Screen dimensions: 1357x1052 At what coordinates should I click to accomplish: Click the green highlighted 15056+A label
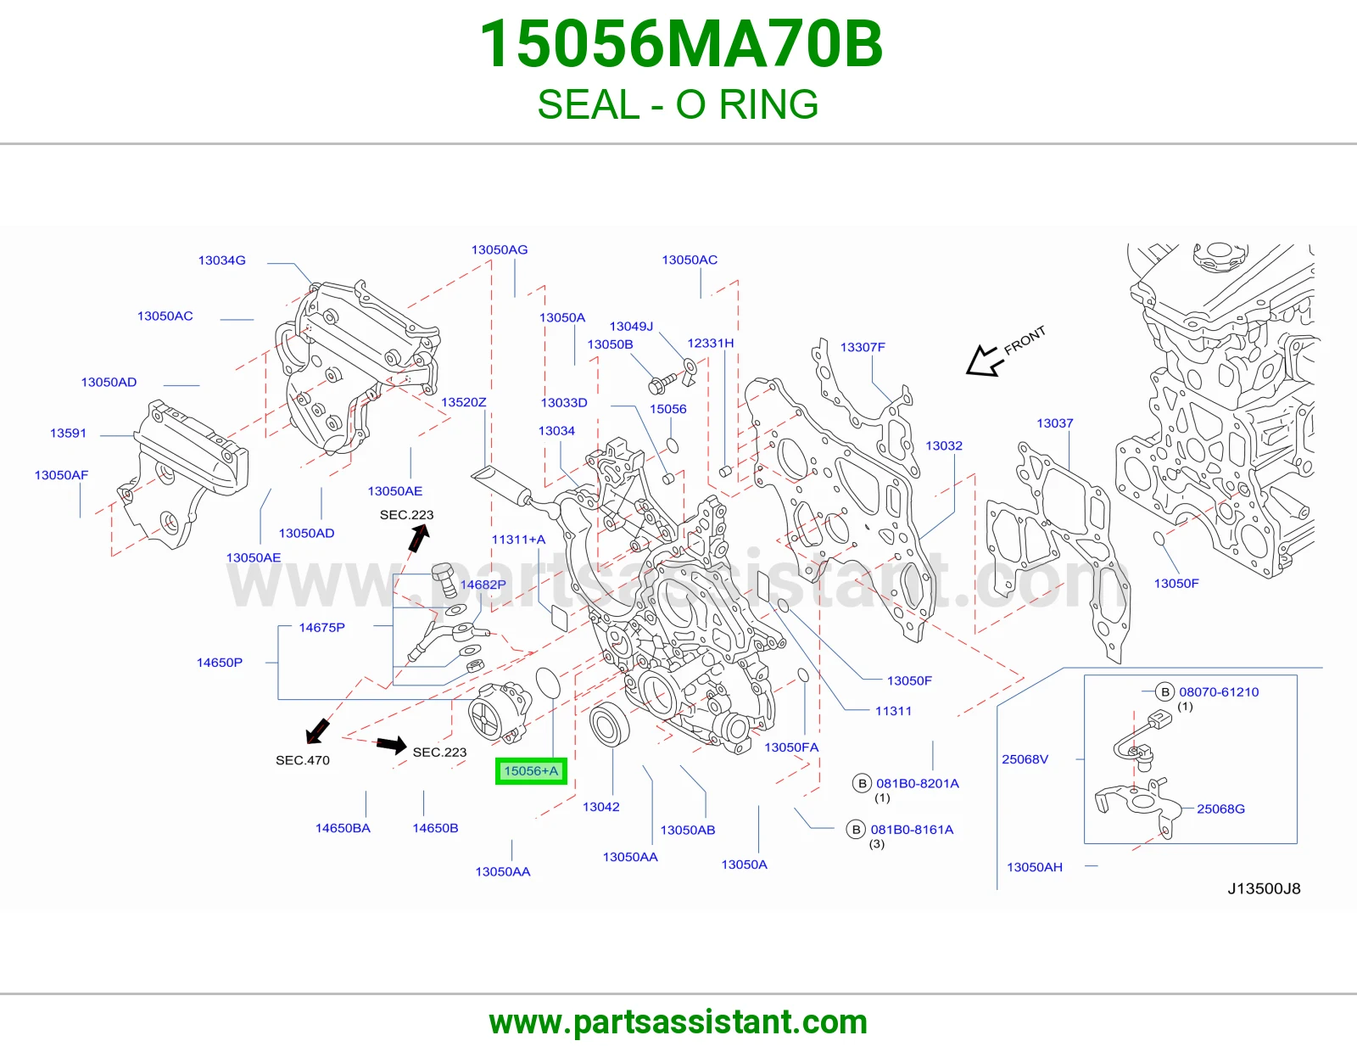tap(531, 771)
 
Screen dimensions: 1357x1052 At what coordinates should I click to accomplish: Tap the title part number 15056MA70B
tap(681, 44)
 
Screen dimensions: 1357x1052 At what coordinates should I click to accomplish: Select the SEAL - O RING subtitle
tap(678, 104)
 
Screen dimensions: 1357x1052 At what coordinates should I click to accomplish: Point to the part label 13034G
tap(221, 260)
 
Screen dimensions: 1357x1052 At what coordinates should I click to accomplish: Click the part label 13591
tap(68, 433)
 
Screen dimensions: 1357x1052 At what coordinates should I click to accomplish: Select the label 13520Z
tap(463, 402)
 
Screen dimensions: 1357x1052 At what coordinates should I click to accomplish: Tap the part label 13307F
tap(863, 347)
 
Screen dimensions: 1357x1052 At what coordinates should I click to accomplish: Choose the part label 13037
tap(1055, 423)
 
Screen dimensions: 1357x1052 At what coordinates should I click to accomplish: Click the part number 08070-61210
tap(1219, 692)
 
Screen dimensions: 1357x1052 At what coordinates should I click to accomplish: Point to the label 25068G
tap(1220, 809)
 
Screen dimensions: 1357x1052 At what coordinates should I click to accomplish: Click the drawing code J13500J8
tap(1264, 889)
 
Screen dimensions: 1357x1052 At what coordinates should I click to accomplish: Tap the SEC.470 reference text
tap(302, 760)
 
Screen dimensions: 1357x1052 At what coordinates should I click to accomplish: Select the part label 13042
tap(600, 807)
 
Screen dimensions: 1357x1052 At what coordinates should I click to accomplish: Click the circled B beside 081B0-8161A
tap(856, 830)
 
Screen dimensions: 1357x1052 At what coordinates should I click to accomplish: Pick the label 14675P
tap(321, 628)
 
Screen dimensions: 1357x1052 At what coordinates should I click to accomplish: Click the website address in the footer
tap(678, 1022)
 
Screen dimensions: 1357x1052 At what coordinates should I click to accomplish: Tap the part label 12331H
tap(710, 344)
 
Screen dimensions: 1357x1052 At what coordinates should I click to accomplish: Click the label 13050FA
tap(791, 747)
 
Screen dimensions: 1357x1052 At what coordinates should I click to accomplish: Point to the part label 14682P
tap(483, 585)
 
